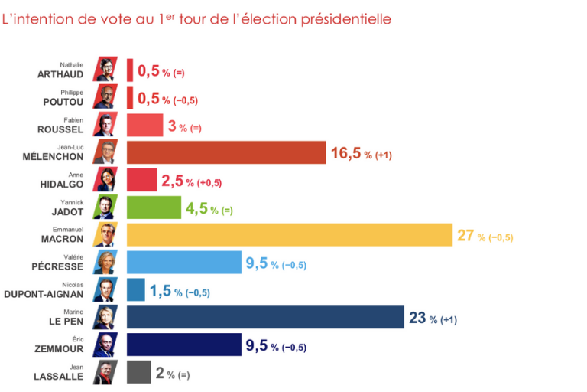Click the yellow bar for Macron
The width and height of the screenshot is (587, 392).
point(290,235)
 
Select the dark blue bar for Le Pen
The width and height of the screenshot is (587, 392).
point(265,317)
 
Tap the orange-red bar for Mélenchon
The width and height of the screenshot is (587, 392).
point(226,152)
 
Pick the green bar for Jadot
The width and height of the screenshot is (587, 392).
point(154,207)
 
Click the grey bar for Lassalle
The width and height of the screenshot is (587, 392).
point(139,372)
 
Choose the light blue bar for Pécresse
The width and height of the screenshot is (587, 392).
point(184,262)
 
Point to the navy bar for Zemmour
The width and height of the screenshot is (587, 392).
point(184,345)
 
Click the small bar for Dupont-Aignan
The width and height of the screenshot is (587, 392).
point(136,289)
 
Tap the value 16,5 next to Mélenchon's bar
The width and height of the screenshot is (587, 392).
point(346,153)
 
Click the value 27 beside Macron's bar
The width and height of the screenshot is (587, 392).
point(465,236)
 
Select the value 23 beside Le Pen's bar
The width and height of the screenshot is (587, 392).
point(417,318)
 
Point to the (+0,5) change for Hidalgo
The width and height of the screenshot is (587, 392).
point(209,183)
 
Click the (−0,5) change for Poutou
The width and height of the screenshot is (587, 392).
point(185,100)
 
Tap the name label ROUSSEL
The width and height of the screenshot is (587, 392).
point(60,130)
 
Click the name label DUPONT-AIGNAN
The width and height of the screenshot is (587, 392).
point(44,295)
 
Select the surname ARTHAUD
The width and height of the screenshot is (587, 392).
point(60,75)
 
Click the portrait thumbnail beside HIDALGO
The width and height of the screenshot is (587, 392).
point(105,180)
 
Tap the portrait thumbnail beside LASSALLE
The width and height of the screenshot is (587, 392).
point(105,372)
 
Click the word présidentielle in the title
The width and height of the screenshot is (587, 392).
point(346,19)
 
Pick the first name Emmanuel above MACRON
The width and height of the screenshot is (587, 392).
point(68,230)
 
